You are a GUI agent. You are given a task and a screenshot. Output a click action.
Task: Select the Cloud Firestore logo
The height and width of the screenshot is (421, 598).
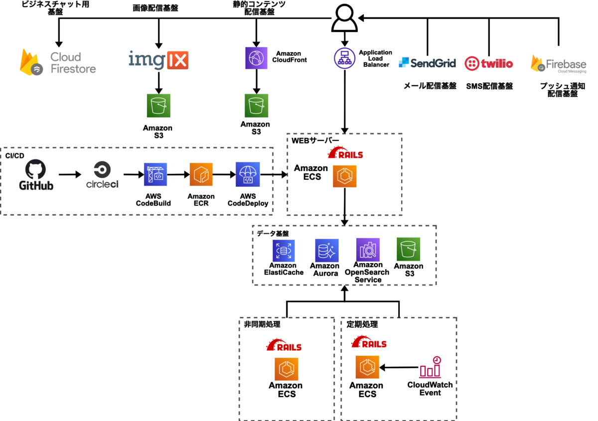tap(58, 62)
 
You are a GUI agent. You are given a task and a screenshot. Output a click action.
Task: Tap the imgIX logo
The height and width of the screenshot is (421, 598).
tap(158, 60)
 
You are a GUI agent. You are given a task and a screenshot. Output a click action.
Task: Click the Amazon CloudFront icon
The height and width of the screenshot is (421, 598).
tap(257, 58)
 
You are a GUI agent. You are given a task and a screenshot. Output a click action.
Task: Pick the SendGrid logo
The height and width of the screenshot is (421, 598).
tap(428, 63)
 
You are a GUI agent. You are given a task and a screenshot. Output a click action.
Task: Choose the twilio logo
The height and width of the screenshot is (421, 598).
tap(488, 63)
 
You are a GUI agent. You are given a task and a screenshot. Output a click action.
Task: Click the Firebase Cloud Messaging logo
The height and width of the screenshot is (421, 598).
tap(558, 64)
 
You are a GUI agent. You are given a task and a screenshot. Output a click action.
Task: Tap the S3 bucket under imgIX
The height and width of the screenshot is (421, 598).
tap(158, 105)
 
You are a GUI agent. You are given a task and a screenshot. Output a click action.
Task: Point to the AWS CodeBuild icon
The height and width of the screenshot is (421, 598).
tap(155, 174)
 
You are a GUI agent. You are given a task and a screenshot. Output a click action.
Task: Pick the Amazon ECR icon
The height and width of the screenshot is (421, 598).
tap(201, 174)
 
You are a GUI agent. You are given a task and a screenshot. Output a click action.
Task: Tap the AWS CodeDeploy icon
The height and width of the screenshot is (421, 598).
tap(248, 174)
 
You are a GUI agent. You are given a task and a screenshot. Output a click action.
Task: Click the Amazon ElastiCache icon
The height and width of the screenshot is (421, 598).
tap(284, 251)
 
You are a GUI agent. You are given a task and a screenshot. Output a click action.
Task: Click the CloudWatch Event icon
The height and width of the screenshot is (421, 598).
tap(430, 367)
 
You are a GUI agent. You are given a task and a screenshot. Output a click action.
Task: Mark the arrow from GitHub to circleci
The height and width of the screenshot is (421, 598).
tap(69, 174)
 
